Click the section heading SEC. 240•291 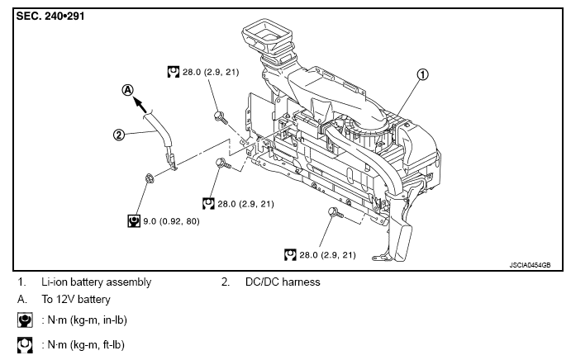tap(50, 17)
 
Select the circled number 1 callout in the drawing tap(422, 74)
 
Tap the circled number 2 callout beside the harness tap(119, 135)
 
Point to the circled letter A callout tap(128, 90)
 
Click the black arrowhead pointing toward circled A tap(139, 103)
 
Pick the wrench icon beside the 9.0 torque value tap(134, 221)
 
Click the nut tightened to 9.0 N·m tap(149, 178)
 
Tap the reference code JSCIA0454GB tap(530, 265)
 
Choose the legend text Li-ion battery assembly tap(96, 282)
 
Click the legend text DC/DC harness tap(283, 282)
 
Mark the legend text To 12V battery tap(76, 299)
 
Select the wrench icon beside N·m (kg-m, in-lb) tap(25, 320)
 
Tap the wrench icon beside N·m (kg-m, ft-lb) tap(25, 344)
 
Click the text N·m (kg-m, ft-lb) tap(86, 344)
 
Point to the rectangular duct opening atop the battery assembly tap(267, 35)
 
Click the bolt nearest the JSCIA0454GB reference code tap(335, 212)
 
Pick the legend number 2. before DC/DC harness tap(226, 282)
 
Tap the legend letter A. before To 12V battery tap(22, 299)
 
